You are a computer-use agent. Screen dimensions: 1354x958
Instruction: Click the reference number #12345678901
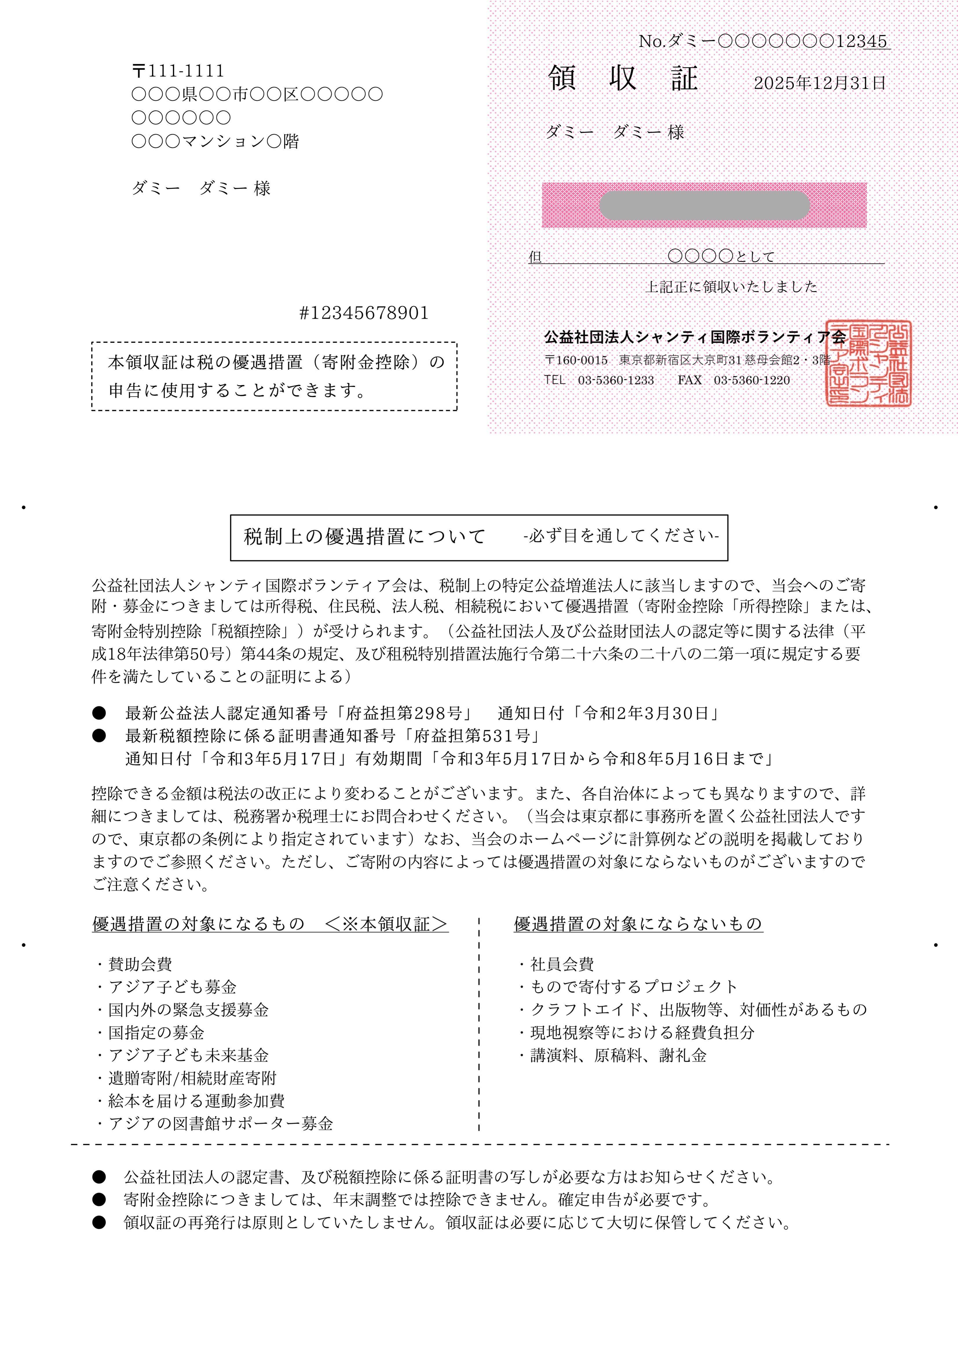pyautogui.click(x=364, y=313)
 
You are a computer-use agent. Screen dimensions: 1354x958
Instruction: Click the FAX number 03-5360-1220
pyautogui.click(x=752, y=380)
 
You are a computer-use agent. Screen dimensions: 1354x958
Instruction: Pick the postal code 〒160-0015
pyautogui.click(x=576, y=360)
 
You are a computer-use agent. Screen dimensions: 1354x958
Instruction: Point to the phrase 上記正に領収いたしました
pyautogui.click(x=732, y=287)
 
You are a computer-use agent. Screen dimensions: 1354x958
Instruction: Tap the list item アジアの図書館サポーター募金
pyautogui.click(x=220, y=1123)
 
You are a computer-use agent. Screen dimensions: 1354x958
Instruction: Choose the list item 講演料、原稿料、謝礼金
pyautogui.click(x=618, y=1055)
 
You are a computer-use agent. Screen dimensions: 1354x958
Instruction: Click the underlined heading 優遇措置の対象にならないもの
pyautogui.click(x=638, y=924)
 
